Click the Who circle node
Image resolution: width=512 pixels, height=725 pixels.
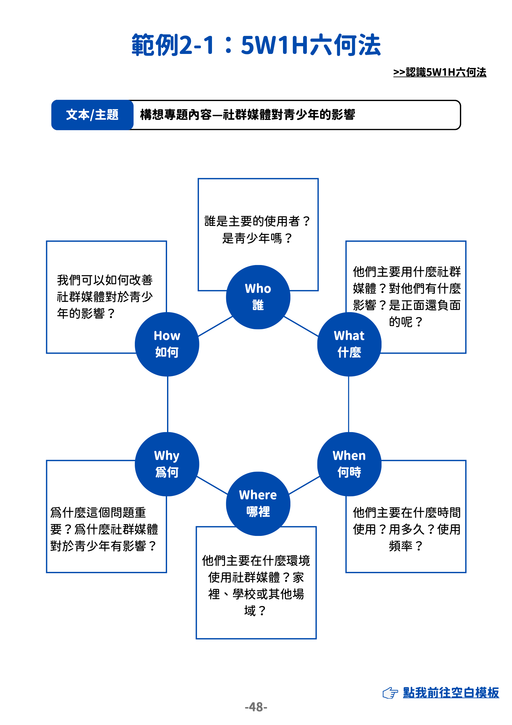click(x=258, y=297)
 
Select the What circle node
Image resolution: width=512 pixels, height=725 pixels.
click(x=349, y=344)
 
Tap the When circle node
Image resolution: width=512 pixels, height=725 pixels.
click(x=349, y=464)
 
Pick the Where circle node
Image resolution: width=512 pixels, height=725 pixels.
click(x=258, y=503)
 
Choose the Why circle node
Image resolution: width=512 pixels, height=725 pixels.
click(x=167, y=464)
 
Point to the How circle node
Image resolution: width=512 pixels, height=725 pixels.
click(x=167, y=344)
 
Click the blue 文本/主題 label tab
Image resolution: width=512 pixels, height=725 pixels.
click(x=92, y=115)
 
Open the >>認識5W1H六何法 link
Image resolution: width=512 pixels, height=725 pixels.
click(x=439, y=72)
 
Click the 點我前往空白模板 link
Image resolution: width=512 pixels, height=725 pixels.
click(x=451, y=692)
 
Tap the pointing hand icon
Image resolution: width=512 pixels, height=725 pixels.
click(x=390, y=693)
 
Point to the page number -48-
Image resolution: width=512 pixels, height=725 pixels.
click(x=256, y=707)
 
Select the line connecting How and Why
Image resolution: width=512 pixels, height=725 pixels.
click(x=168, y=404)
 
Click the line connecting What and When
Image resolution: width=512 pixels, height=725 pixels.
click(x=348, y=404)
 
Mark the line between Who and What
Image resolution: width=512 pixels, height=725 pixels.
click(x=302, y=326)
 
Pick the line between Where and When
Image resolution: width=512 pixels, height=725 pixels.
click(x=304, y=485)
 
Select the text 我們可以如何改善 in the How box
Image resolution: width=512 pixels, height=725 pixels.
click(x=104, y=280)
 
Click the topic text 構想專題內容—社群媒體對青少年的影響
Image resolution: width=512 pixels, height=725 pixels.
click(x=248, y=115)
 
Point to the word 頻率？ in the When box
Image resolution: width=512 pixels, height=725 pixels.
click(x=406, y=546)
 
